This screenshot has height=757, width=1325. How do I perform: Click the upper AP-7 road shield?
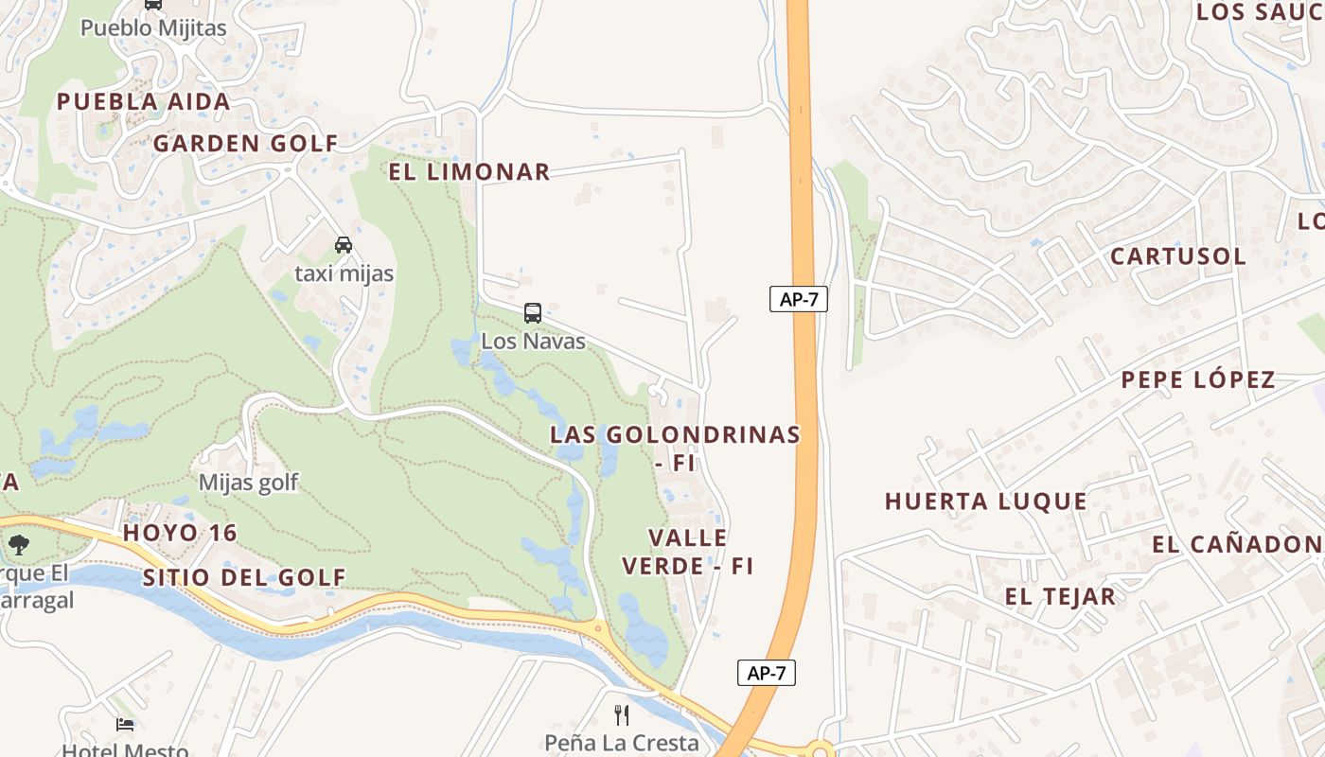pos(799,300)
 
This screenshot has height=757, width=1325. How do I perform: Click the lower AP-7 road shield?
pos(767,673)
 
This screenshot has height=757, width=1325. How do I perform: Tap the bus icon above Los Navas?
pos(533,313)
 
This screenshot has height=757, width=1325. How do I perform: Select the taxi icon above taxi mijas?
pos(344,245)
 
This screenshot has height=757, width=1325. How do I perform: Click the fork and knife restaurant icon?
pos(622,714)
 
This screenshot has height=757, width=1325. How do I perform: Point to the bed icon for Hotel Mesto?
pos(125,725)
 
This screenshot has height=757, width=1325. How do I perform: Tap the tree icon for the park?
pos(18,544)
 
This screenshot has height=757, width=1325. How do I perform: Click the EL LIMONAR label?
pos(469,171)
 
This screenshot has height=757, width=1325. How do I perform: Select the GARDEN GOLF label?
pos(245,143)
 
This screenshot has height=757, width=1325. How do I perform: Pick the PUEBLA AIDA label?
pos(143,101)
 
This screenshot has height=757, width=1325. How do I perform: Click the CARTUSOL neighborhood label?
pos(1177,255)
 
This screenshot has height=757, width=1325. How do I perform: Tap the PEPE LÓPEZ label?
pos(1198,379)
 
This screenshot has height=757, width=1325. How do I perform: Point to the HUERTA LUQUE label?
pos(986,501)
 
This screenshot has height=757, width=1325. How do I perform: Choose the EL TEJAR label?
pos(1060,596)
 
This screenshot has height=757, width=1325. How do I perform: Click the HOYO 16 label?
pos(180,533)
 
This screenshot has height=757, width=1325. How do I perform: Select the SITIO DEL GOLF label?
pos(245,576)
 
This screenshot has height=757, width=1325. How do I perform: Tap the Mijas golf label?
pos(248,483)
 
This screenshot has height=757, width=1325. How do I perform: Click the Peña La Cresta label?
pos(622,743)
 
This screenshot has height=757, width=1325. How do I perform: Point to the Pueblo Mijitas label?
pos(153,27)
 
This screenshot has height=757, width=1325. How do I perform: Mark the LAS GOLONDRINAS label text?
pos(676,434)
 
